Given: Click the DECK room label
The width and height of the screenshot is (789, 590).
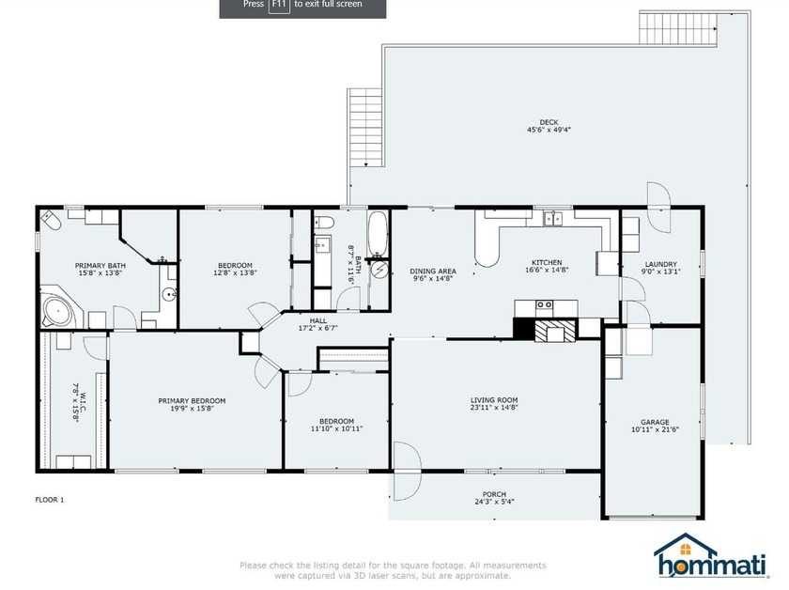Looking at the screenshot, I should point(549,122).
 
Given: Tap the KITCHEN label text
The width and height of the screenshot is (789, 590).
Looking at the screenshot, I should point(547,262).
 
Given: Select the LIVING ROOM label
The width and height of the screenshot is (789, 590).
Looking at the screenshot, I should point(494,400).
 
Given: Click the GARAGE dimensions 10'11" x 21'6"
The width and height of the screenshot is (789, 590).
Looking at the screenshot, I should point(655,430).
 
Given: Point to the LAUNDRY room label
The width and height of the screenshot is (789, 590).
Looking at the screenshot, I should point(661,264).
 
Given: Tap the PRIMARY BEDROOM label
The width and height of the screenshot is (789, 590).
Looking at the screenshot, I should point(192,400).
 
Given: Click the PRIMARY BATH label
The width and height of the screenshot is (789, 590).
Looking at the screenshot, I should point(101,266).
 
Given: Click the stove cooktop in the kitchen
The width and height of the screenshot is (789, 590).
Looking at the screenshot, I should point(544,305).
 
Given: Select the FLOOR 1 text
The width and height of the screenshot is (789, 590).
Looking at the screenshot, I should point(50,500).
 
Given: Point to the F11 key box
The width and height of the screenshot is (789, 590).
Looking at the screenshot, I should point(279,5).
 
